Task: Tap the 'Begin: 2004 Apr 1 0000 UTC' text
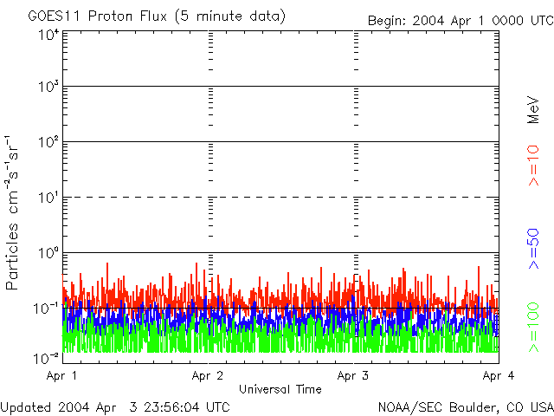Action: click(x=459, y=20)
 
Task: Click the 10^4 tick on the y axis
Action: click(x=48, y=35)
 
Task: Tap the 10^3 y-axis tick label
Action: click(x=48, y=87)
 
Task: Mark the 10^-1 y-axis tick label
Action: click(x=47, y=308)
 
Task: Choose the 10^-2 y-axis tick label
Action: click(x=47, y=356)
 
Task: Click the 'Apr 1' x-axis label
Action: click(x=62, y=375)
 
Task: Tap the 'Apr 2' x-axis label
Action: click(x=208, y=375)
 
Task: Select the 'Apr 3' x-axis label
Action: click(x=353, y=375)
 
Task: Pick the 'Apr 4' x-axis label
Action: click(x=498, y=375)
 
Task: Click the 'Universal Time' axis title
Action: click(x=280, y=389)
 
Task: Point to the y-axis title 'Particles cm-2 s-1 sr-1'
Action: click(x=15, y=212)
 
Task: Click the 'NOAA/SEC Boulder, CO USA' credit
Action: click(x=465, y=406)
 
